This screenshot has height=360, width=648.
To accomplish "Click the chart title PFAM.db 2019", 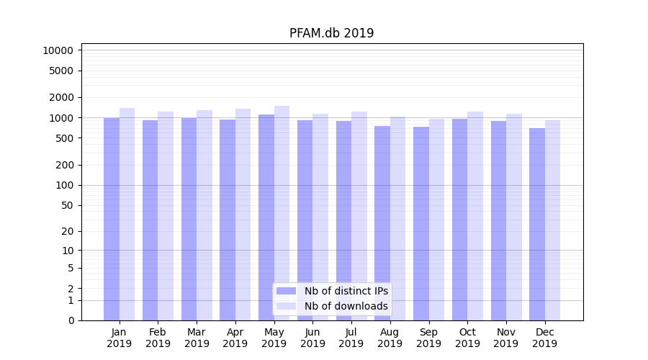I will click(331, 33).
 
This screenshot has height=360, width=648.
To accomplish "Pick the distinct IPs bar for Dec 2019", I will click(537, 224).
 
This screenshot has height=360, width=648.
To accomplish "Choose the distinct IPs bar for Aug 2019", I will click(382, 223).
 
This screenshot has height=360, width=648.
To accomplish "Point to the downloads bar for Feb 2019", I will click(166, 216).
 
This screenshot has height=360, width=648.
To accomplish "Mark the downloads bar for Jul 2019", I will click(359, 216).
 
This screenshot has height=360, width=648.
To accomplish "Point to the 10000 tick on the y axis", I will click(58, 50).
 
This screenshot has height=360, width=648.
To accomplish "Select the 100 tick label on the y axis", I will click(64, 185).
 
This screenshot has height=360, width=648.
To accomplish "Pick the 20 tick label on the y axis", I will click(67, 231).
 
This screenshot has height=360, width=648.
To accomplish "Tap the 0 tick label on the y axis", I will click(71, 320).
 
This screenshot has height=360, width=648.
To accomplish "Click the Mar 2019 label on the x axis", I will click(197, 338).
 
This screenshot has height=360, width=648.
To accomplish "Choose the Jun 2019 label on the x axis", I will click(312, 338).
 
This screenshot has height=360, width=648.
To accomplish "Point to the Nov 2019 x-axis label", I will click(506, 338).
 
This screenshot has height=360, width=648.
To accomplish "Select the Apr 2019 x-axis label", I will click(235, 338).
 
